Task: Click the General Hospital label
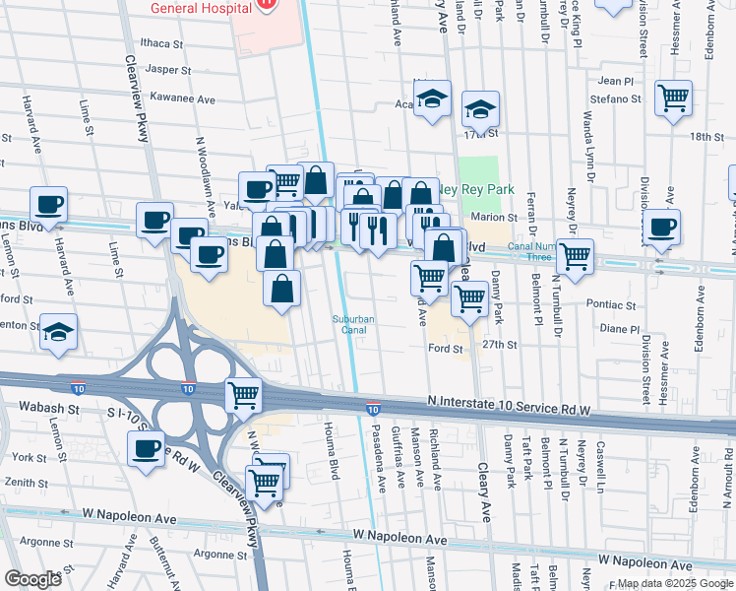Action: pos(197,8)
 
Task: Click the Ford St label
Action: pos(445,348)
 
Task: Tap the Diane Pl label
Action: pos(619,330)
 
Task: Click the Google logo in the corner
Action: pos(32,578)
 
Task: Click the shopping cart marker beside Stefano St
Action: pos(674,98)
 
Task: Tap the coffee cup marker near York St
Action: pos(147,449)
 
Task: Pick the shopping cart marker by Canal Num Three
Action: pos(575,256)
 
